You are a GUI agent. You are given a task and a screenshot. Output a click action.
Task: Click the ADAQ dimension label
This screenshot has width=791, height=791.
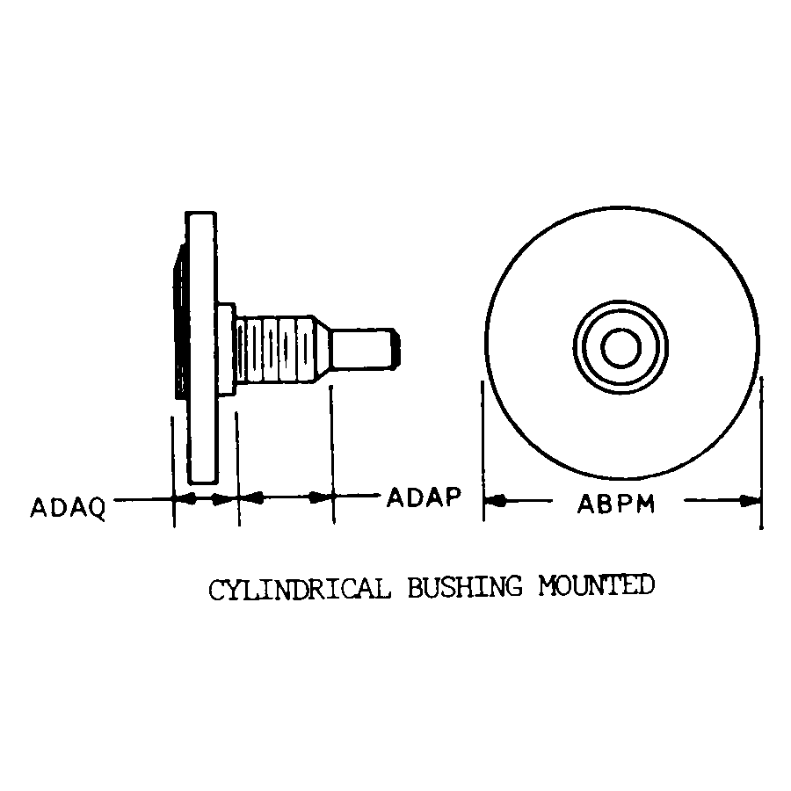68,507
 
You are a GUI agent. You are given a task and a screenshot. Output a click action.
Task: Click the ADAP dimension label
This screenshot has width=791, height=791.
424,497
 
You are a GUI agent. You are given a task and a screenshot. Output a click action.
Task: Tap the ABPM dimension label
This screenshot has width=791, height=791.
616,504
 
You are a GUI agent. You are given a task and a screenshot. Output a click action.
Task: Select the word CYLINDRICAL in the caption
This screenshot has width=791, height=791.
300,589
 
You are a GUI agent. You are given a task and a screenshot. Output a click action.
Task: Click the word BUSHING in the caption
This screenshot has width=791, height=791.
465,587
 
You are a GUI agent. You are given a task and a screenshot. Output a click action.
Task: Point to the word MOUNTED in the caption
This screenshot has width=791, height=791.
596,585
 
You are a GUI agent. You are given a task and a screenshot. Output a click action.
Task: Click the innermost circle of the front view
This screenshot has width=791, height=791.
621,347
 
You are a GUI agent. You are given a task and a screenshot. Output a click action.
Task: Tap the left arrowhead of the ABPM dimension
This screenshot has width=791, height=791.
494,501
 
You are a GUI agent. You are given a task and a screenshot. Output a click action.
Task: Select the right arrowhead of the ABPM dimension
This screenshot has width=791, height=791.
751,501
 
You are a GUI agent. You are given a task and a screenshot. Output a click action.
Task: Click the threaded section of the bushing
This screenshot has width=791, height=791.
275,350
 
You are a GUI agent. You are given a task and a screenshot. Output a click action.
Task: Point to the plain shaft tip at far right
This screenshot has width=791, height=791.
364,349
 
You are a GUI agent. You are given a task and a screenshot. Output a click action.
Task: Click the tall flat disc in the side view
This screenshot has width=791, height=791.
202,348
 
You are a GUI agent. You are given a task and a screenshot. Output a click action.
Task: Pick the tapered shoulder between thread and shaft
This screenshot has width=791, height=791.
322,349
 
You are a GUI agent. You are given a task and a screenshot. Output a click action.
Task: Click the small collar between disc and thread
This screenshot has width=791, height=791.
227,349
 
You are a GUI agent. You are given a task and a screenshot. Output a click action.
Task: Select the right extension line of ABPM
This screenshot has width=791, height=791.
761,453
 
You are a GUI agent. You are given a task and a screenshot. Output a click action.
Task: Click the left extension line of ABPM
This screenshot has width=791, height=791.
483,451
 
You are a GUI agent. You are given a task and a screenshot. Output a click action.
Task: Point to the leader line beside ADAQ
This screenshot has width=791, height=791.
143,500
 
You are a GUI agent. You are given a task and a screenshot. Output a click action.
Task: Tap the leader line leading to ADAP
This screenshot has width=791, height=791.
357,496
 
